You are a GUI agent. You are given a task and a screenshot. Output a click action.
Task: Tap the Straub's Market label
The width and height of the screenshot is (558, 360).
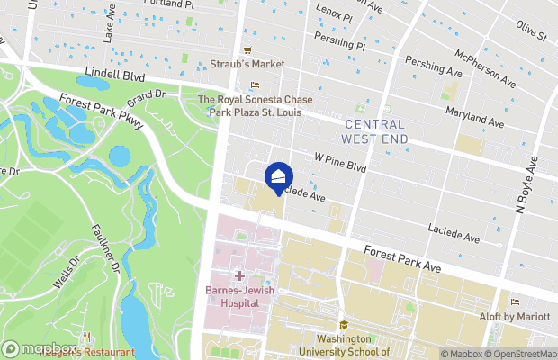tap(247, 64)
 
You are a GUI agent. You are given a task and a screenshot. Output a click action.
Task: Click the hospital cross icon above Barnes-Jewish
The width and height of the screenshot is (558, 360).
tap(238, 274)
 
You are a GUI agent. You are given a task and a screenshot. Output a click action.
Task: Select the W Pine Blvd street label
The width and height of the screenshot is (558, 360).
tap(341, 162)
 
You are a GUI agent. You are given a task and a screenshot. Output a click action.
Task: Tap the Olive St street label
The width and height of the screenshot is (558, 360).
tap(530, 33)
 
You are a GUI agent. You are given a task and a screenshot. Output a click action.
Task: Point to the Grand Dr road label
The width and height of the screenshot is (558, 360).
tap(148, 94)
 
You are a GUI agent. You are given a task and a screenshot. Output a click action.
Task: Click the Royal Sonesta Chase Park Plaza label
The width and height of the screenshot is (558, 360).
tap(254, 106)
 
